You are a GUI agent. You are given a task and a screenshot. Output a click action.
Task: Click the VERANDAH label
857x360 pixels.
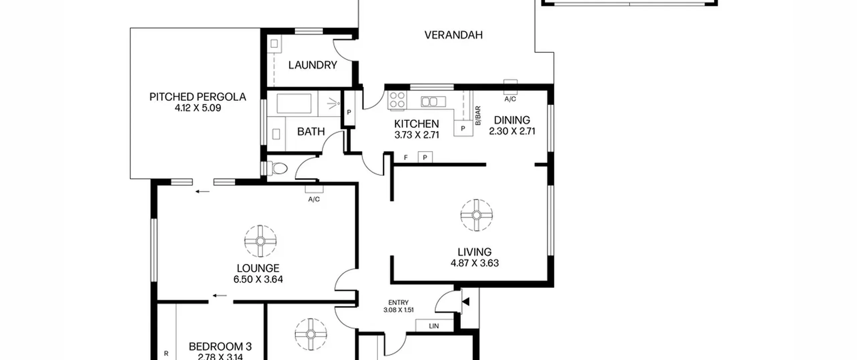pyautogui.click(x=453, y=35)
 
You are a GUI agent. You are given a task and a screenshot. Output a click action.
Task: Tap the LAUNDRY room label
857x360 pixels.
pyautogui.click(x=313, y=65)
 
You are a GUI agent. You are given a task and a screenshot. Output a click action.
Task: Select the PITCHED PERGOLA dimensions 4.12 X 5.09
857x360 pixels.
pyautogui.click(x=198, y=108)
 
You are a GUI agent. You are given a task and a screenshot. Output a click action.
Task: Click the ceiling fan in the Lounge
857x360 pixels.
pyautogui.click(x=260, y=241)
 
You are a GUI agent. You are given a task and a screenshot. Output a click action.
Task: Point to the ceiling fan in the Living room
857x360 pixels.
pyautogui.click(x=476, y=215)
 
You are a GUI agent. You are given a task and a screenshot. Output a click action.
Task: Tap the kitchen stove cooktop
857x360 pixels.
pyautogui.click(x=397, y=100)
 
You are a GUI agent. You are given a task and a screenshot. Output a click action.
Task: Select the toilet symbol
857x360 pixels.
pyautogui.click(x=277, y=168)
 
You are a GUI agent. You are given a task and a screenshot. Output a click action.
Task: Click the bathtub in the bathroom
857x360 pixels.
pyautogui.click(x=294, y=103)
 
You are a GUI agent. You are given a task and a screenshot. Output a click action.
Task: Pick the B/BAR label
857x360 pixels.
pyautogui.click(x=478, y=116)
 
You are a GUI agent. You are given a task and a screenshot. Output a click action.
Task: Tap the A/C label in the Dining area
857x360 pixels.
pyautogui.click(x=510, y=99)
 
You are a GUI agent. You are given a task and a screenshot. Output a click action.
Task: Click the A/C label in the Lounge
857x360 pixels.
pyautogui.click(x=314, y=200)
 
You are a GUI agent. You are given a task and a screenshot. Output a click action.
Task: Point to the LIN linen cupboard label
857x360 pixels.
pyautogui.click(x=434, y=326)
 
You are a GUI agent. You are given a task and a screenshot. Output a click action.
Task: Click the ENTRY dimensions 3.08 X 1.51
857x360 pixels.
pyautogui.click(x=398, y=310)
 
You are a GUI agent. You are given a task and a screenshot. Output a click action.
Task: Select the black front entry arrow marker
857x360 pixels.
pyautogui.click(x=466, y=302)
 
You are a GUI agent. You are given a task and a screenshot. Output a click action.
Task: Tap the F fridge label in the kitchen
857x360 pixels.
pyautogui.click(x=406, y=157)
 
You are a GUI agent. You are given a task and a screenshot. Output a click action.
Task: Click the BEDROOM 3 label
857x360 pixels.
pyautogui.click(x=220, y=347)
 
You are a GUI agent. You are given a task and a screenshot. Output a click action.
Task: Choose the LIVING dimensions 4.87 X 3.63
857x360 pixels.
pyautogui.click(x=475, y=263)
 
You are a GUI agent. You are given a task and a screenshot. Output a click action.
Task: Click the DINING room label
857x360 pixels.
pyautogui.click(x=512, y=120)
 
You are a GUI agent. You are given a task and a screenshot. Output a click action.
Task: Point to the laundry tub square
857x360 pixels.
pyautogui.click(x=274, y=44)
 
